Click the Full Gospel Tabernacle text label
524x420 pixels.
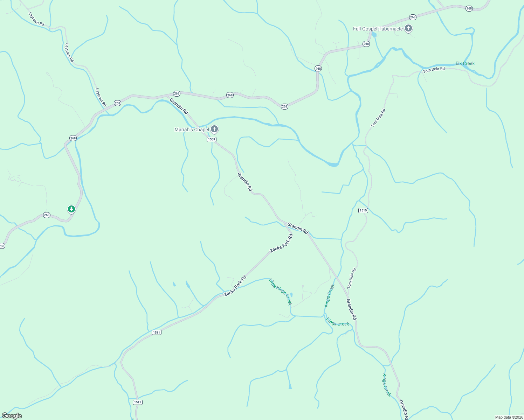[378, 29]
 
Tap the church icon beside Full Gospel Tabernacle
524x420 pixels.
[408, 28]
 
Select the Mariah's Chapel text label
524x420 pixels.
[192, 129]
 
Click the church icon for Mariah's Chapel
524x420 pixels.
[214, 129]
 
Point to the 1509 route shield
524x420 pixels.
[211, 139]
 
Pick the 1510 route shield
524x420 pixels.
[363, 210]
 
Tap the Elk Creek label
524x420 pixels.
[465, 63]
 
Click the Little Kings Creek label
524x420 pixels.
[280, 292]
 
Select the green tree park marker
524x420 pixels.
[71, 209]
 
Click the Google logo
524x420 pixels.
[12, 416]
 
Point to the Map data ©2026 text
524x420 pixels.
[509, 417]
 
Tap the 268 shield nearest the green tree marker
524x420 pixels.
[47, 215]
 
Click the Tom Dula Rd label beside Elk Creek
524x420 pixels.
[434, 70]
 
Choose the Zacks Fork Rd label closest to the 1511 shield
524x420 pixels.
[235, 286]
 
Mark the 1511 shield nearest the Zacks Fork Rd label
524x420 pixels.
[157, 332]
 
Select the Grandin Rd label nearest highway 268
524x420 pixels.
[179, 106]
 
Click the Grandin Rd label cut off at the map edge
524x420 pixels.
[404, 410]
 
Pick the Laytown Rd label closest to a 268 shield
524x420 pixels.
[101, 97]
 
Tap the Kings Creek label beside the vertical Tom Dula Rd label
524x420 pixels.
[330, 295]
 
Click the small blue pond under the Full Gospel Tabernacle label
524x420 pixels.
[374, 35]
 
